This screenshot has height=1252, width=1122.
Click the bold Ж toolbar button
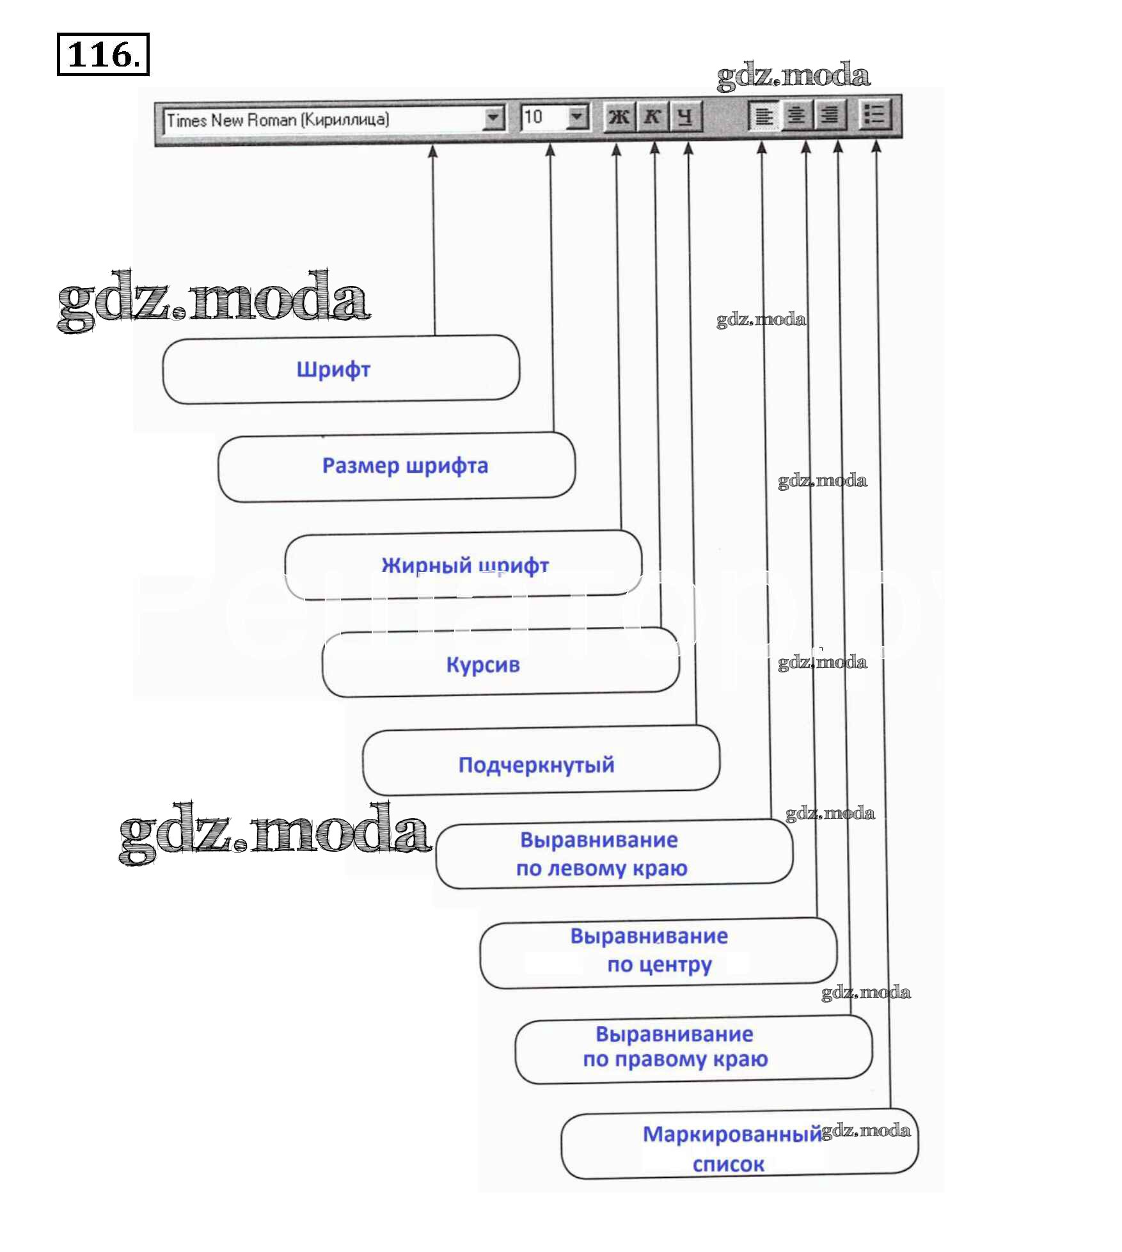[619, 116]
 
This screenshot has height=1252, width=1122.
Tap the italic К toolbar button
[652, 116]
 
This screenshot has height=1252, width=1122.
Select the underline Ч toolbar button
[685, 116]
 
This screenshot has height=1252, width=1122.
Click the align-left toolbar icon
[764, 116]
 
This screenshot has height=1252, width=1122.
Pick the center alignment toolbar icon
[796, 116]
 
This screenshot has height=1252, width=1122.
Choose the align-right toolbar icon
[830, 116]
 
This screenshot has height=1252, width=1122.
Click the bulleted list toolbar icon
[874, 115]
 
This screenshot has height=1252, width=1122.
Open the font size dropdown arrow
[577, 116]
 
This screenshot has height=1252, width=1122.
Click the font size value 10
[533, 117]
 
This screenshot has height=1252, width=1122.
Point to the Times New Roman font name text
[278, 120]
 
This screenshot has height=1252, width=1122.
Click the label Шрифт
[333, 370]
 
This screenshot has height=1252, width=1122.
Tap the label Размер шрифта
[405, 466]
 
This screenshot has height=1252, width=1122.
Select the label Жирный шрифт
[465, 565]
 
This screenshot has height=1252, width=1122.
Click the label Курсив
[483, 665]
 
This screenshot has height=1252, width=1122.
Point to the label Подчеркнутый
[536, 765]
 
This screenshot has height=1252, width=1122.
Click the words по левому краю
[601, 868]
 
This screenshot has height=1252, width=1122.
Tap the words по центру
[659, 964]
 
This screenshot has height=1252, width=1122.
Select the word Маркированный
[732, 1134]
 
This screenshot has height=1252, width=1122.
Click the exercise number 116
[103, 54]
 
